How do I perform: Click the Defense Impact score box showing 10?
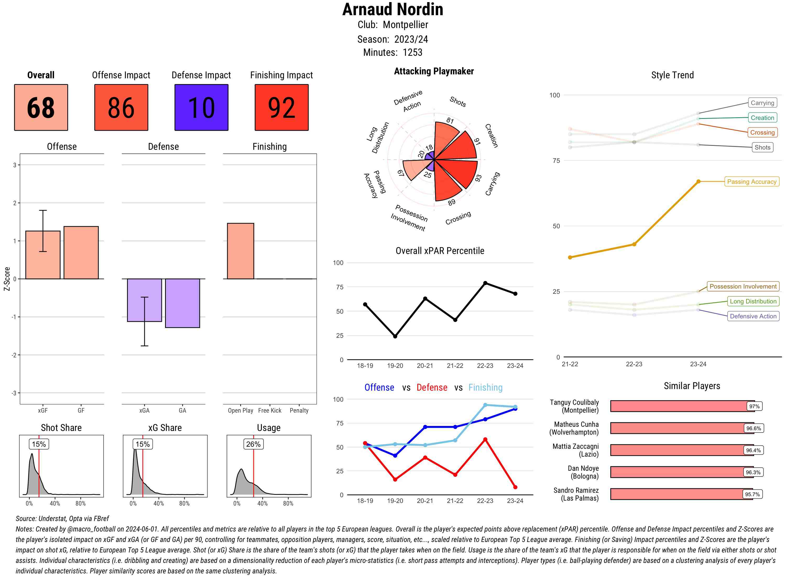(x=201, y=107)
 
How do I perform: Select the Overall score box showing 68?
(x=41, y=107)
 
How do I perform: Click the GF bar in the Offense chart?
(x=81, y=253)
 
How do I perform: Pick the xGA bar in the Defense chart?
(x=144, y=300)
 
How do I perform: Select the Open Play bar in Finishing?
(x=240, y=251)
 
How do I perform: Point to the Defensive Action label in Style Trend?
(x=753, y=316)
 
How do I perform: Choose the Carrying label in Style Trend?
(x=762, y=103)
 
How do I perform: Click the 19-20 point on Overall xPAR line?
(x=395, y=336)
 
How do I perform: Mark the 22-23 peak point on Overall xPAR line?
(x=485, y=283)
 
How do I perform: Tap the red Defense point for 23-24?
(x=515, y=487)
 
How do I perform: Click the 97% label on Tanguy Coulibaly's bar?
(x=754, y=406)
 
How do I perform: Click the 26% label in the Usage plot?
(x=253, y=444)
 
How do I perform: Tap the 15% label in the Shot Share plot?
(x=39, y=444)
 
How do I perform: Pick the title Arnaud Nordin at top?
(x=392, y=9)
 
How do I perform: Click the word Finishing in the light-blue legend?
(x=485, y=387)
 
